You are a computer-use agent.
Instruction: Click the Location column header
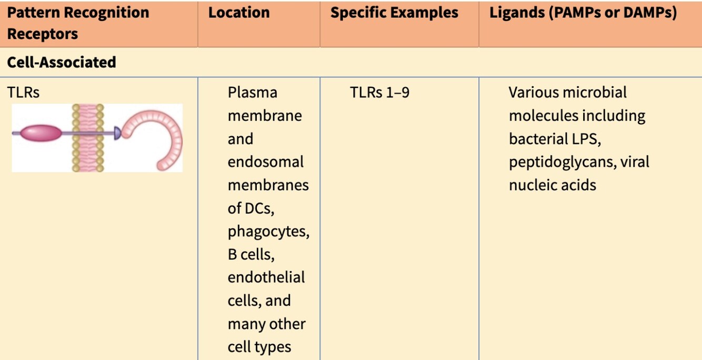[x=239, y=13]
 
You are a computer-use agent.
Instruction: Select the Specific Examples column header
[x=394, y=13]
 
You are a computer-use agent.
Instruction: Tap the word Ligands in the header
[x=517, y=13]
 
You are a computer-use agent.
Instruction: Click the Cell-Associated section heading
[x=62, y=62]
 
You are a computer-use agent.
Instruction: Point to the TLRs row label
[x=23, y=93]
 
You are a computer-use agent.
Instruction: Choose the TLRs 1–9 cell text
[x=379, y=93]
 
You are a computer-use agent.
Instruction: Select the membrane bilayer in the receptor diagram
[x=88, y=137]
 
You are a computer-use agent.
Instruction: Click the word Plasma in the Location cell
[x=252, y=93]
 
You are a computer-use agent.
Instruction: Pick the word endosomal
[x=265, y=162]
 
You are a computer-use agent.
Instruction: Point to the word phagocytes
[x=268, y=231]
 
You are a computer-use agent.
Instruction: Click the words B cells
[x=252, y=254]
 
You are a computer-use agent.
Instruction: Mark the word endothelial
[x=266, y=277]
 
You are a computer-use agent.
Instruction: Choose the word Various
[x=533, y=93]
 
